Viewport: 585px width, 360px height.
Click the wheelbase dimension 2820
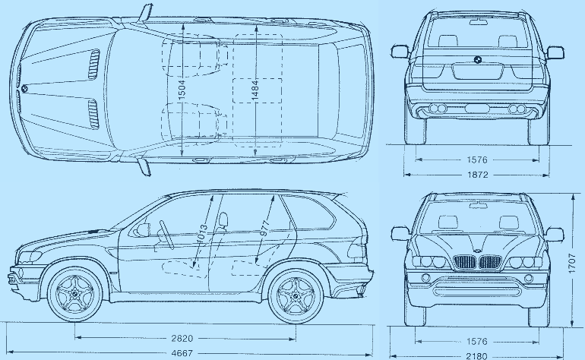[x=182, y=339]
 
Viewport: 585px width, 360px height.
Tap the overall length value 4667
[x=182, y=353]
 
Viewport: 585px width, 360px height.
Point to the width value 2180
[x=477, y=356]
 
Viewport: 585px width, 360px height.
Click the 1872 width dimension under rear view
[x=477, y=175]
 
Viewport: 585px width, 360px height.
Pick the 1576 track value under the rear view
[x=477, y=159]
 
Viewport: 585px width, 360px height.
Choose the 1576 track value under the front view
[x=477, y=341]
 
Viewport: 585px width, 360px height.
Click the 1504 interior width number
[x=182, y=90]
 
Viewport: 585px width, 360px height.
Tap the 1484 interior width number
[x=255, y=90]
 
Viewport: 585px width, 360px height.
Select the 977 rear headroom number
[x=264, y=229]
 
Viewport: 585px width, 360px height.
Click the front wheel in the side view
[x=75, y=295]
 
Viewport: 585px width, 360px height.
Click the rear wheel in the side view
[x=296, y=296]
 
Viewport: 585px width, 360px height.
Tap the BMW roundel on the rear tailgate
[x=477, y=59]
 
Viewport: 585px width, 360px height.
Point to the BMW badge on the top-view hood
[x=24, y=88]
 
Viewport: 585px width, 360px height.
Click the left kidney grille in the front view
[x=465, y=262]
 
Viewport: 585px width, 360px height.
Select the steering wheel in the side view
[x=166, y=234]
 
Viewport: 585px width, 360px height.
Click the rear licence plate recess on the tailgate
[x=477, y=71]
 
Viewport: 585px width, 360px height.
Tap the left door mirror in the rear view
[x=400, y=52]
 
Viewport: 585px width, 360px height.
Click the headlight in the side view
[x=30, y=256]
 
